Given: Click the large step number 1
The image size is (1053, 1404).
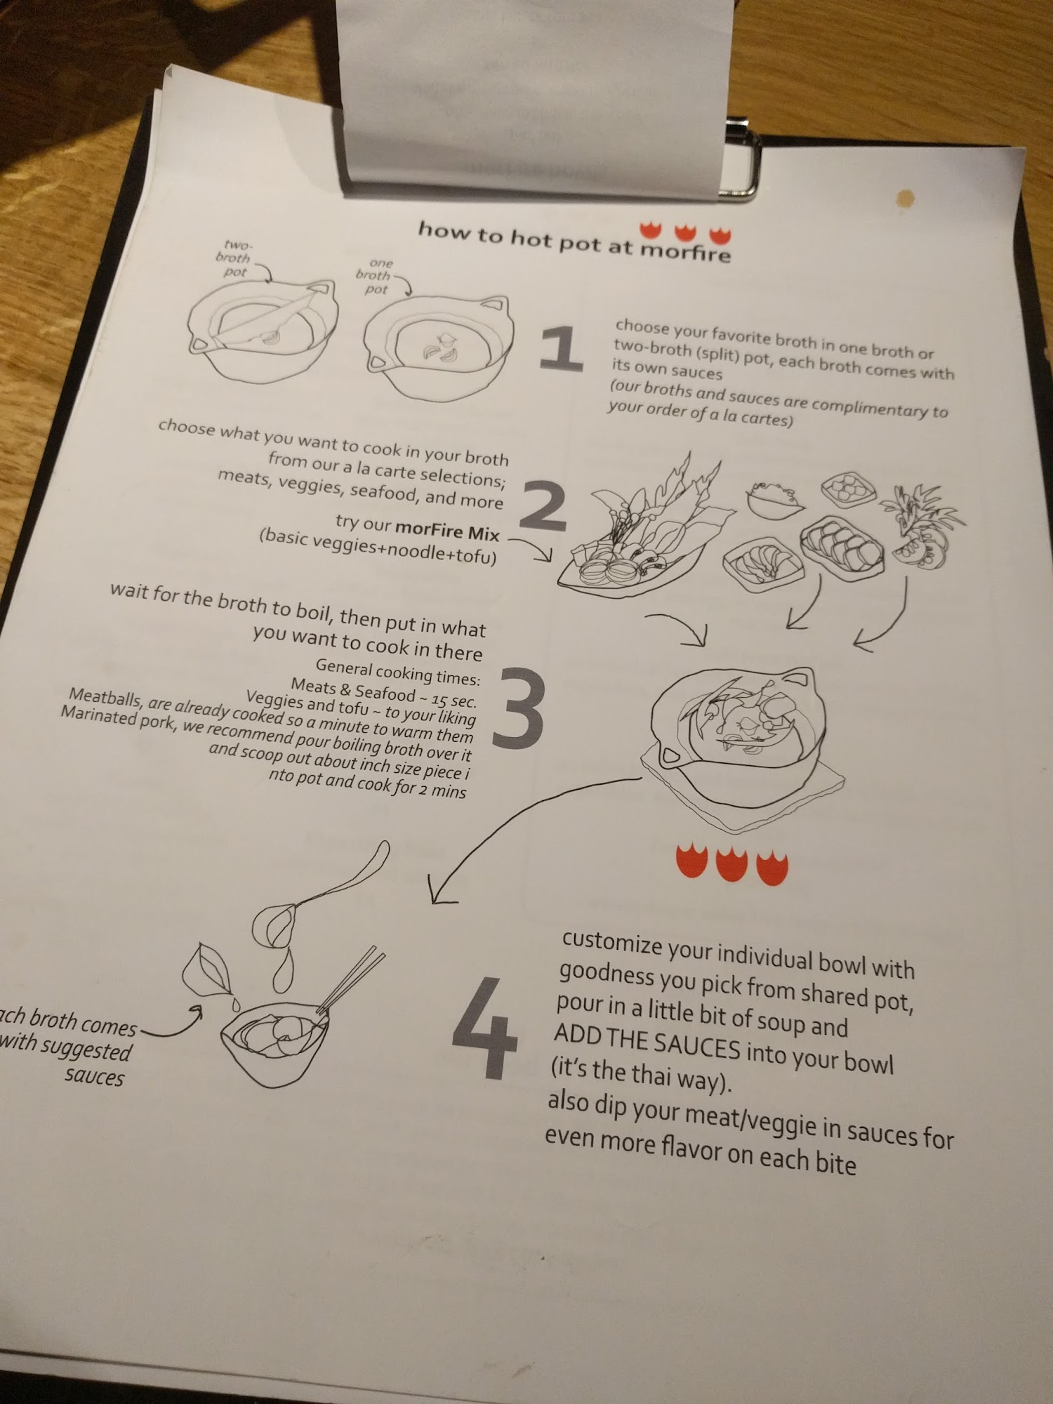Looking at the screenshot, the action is point(562,348).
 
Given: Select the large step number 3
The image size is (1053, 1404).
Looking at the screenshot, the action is point(518,707).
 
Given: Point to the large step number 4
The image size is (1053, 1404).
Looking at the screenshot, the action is point(485,1028).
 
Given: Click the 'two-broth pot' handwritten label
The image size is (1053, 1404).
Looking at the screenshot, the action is point(234,258).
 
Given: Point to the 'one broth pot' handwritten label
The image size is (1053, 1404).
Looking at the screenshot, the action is point(376,275).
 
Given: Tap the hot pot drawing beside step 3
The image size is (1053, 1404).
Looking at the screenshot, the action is point(742,744).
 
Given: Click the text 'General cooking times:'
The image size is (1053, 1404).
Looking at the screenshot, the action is point(397,671).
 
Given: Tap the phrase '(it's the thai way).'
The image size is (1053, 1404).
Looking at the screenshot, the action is point(640,1075).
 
